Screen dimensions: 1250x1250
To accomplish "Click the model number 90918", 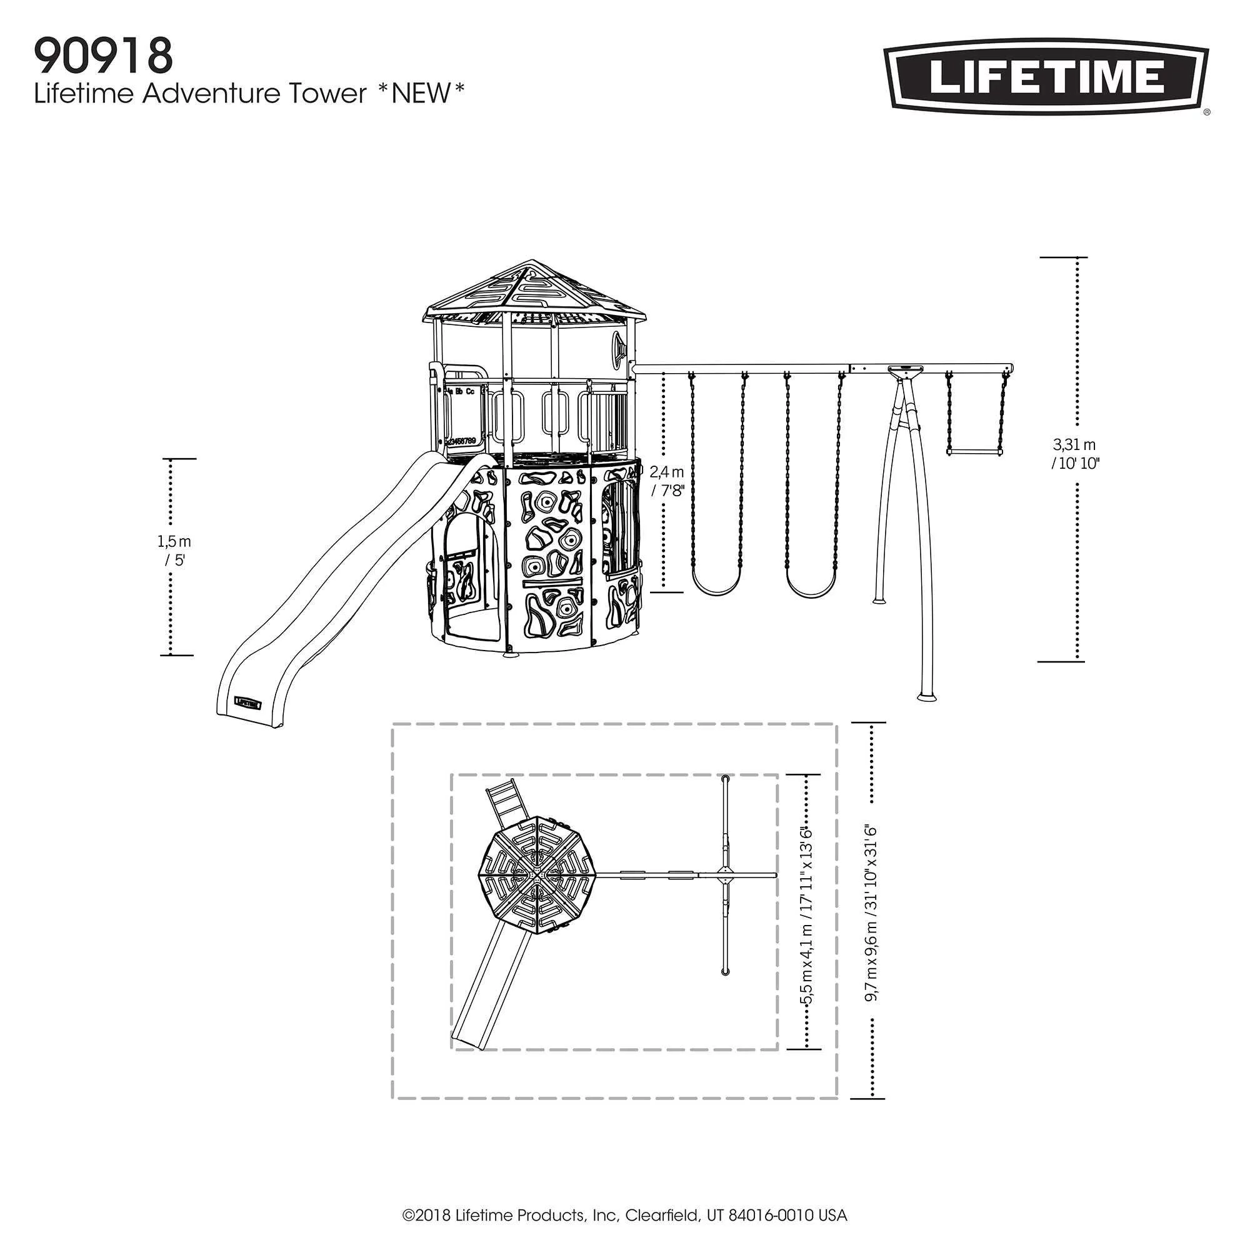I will pos(104,56).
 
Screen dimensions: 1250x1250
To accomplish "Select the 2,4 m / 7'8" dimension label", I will pos(667,481).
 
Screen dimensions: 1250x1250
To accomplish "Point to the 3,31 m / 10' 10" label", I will pos(1074,454).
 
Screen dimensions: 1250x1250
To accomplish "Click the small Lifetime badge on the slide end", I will pos(247,701).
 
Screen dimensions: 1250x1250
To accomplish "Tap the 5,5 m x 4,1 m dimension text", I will pos(806,924).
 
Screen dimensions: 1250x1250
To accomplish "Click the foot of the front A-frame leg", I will pos(926,696).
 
